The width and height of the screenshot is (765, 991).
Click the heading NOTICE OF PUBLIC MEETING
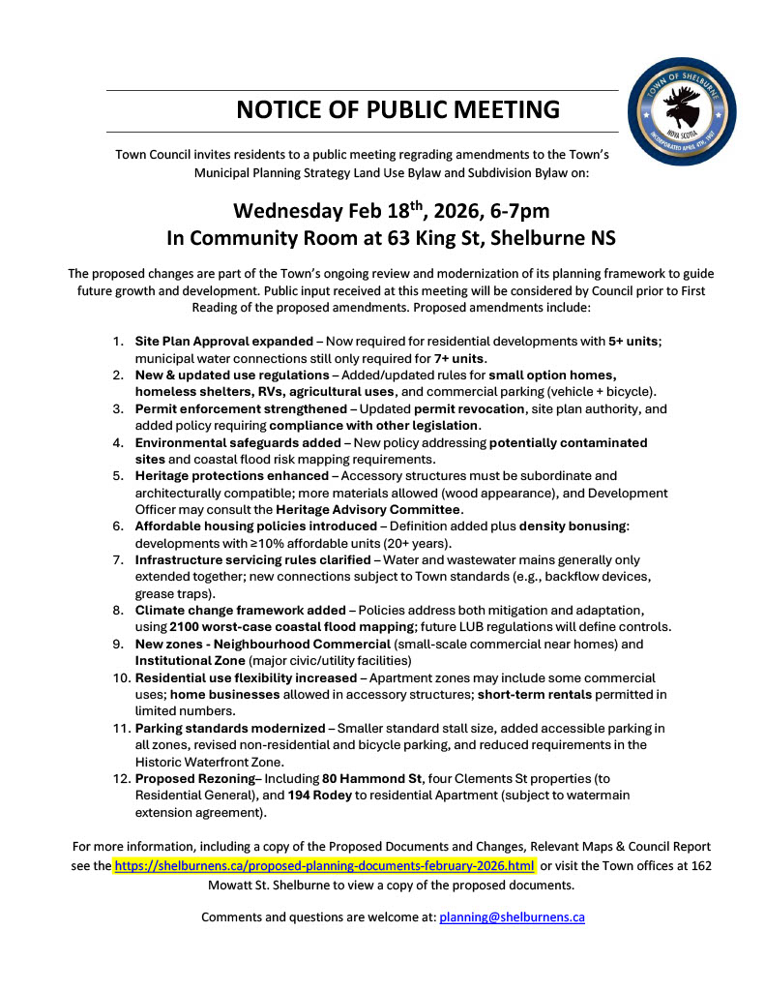397,109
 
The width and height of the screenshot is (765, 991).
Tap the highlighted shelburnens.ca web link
325,865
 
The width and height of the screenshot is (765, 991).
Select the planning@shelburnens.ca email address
512,916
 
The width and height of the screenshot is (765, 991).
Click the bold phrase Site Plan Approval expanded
227,342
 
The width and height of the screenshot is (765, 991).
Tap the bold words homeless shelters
192,391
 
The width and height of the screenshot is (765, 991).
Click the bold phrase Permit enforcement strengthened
240,408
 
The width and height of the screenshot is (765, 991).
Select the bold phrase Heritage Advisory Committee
368,509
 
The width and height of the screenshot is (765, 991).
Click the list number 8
117,610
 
